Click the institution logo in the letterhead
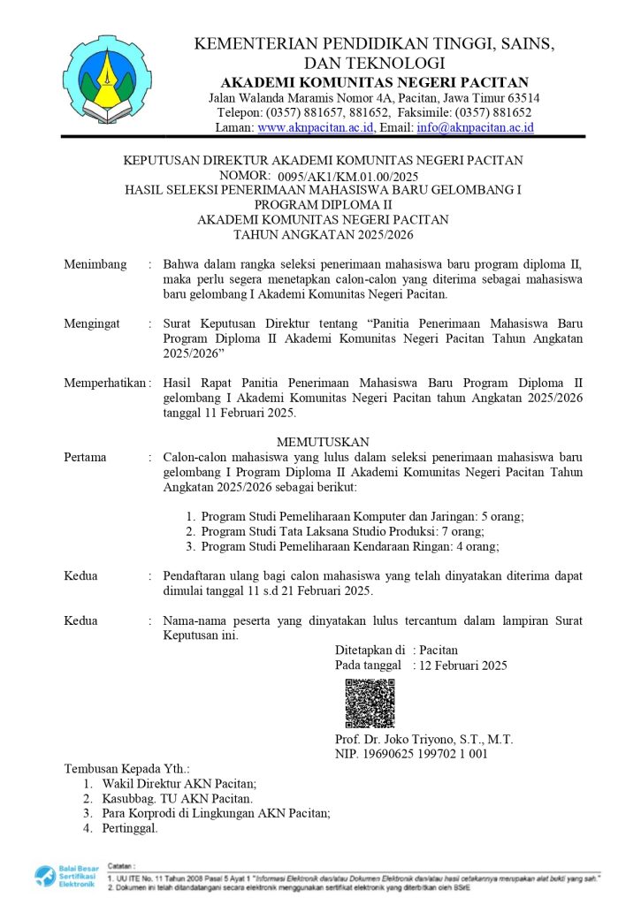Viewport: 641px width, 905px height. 102,81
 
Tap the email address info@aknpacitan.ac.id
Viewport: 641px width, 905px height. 475,128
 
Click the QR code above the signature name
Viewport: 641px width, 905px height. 370,703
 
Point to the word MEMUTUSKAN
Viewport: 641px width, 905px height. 323,441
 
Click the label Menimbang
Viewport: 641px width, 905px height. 95,264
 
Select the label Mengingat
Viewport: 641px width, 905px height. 92,324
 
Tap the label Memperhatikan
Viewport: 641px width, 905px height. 104,383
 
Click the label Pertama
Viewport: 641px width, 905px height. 86,457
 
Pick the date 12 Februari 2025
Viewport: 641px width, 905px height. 464,665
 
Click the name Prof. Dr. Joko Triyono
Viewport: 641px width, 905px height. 424,740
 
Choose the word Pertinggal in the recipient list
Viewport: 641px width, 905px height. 130,828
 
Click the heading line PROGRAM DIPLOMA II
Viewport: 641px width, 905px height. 323,205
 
